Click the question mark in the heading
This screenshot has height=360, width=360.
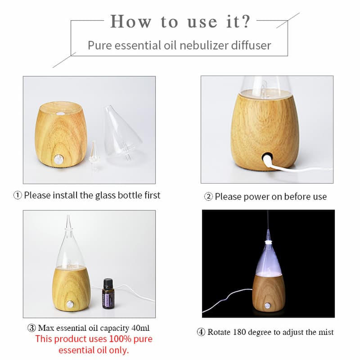click(245, 21)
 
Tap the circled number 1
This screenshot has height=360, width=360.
click(18, 195)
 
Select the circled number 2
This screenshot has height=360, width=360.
click(208, 197)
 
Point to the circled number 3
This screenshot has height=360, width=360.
click(31, 328)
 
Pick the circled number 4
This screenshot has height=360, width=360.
click(201, 332)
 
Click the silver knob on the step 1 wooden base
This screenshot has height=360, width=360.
click(58, 159)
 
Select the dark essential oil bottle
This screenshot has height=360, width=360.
click(108, 295)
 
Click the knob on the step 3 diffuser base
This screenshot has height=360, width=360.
click(70, 305)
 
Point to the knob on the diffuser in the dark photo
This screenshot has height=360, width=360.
click(267, 306)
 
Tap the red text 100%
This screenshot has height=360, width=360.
click(120, 339)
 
